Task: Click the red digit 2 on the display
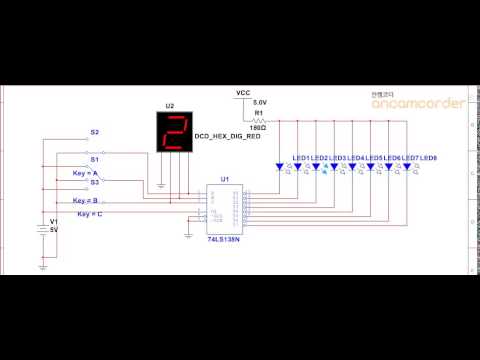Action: click(177, 133)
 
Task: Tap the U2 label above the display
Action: click(169, 106)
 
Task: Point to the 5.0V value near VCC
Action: click(260, 103)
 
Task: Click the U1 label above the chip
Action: click(223, 179)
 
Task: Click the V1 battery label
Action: click(54, 221)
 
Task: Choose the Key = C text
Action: click(90, 215)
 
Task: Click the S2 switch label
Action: click(95, 132)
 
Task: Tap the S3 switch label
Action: click(95, 183)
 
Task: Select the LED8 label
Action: click(429, 159)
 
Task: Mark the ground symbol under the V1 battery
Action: click(42, 266)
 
